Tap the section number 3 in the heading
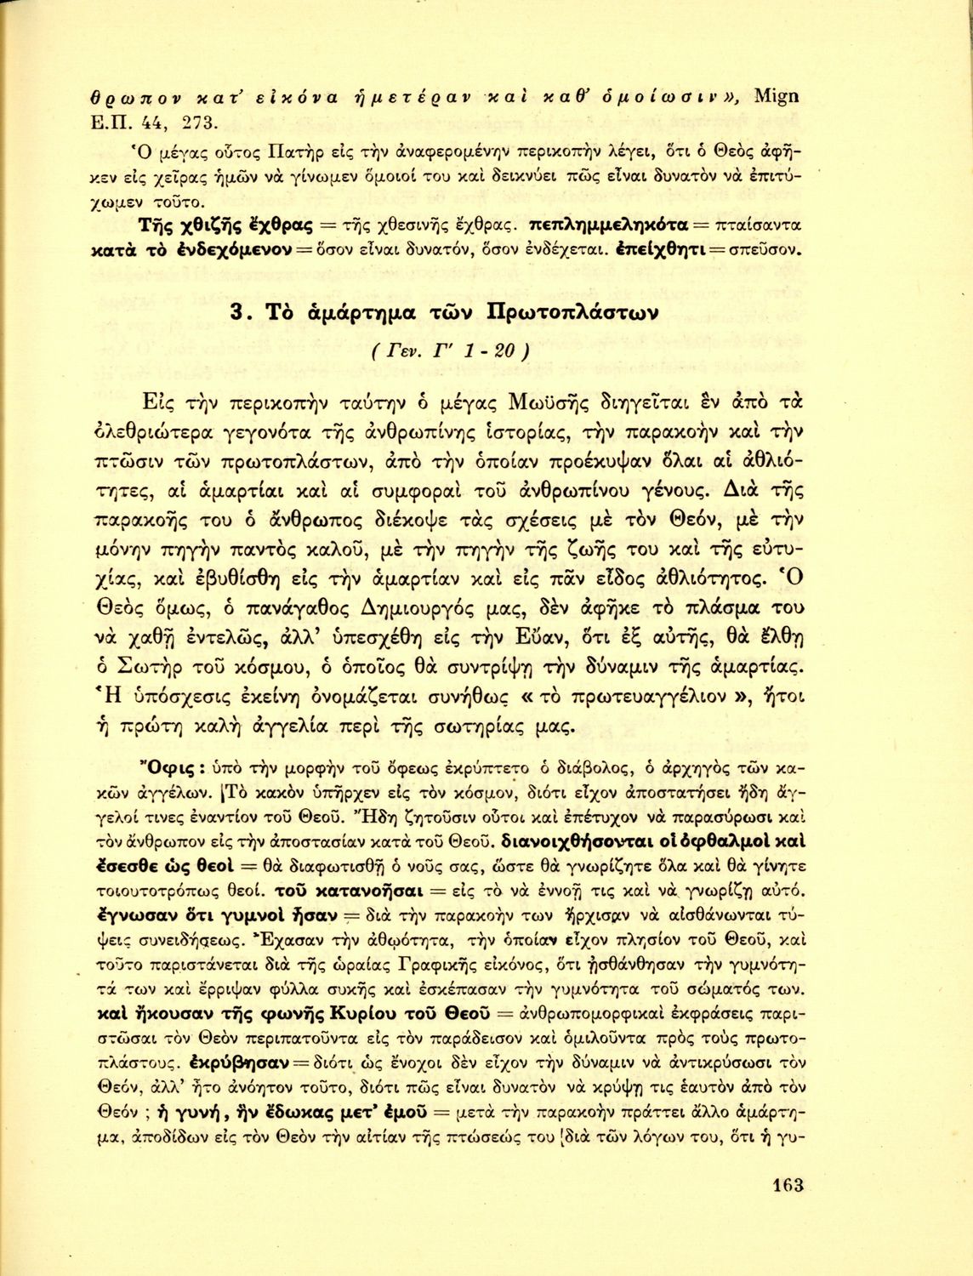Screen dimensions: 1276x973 tap(240, 312)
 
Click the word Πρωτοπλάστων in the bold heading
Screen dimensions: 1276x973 tap(570, 312)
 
